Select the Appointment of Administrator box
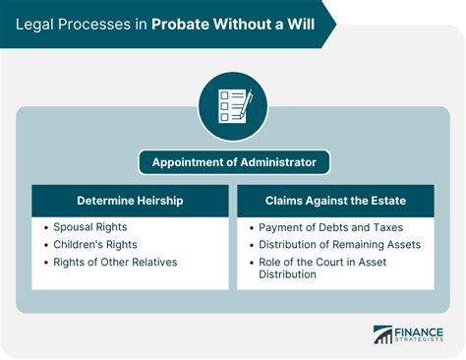[233, 161]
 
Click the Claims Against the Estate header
[334, 201]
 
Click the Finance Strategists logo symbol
[382, 334]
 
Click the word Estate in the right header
[384, 201]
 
